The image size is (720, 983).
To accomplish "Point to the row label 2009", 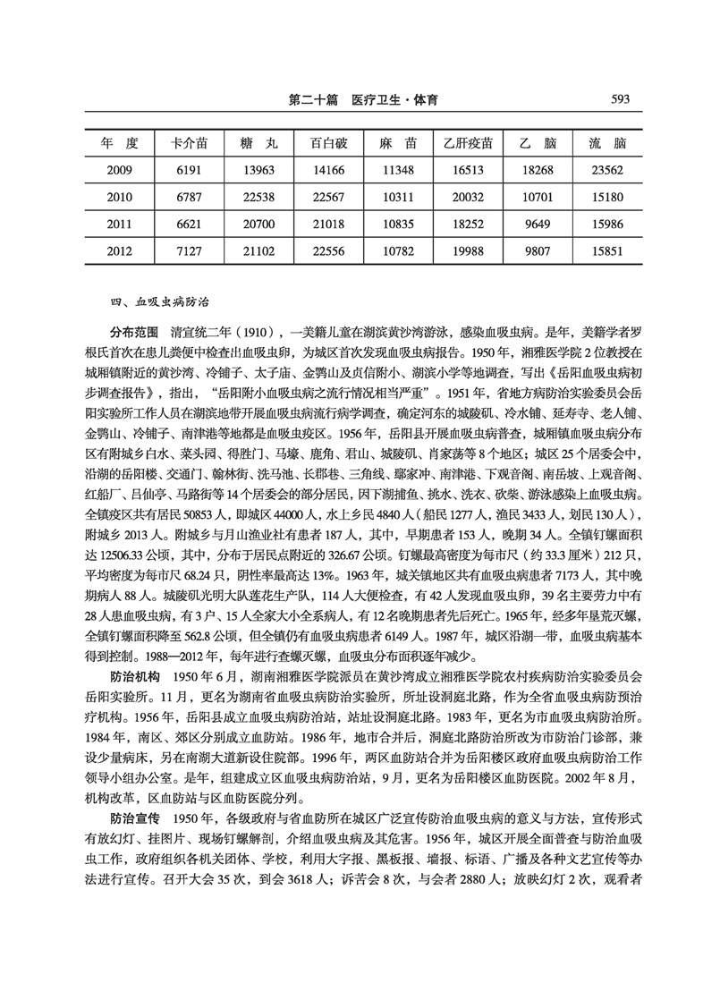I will tap(120, 169).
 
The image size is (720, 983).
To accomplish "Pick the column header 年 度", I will tap(120, 143).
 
